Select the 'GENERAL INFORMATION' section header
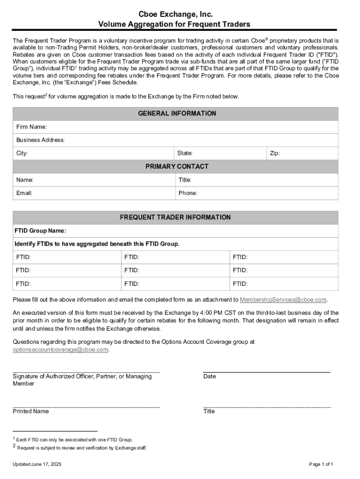pyautogui.click(x=177, y=113)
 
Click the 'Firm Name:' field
pyautogui.click(x=187, y=127)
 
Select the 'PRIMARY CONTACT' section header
pyautogui.click(x=177, y=167)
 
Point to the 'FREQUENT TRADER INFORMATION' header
pyautogui.click(x=175, y=218)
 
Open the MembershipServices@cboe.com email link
pyautogui.click(x=283, y=299)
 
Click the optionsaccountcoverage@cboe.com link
pyautogui.click(x=60, y=349)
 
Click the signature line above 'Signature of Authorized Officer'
pyautogui.click(x=86, y=371)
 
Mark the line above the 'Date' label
pyautogui.click(x=266, y=371)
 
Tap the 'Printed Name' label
pyautogui.click(x=30, y=411)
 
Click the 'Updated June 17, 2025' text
pyautogui.click(x=37, y=464)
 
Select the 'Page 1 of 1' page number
pyautogui.click(x=321, y=464)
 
